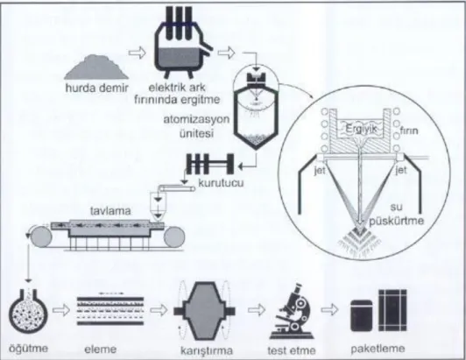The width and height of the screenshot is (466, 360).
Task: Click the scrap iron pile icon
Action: pyautogui.click(x=96, y=67)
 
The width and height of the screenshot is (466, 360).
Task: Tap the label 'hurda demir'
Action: pyautogui.click(x=97, y=88)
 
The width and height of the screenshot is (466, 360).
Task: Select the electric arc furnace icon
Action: pyautogui.click(x=183, y=42)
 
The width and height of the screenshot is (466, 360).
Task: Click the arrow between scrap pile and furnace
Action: pyautogui.click(x=138, y=53)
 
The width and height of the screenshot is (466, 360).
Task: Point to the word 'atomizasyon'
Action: pyautogui.click(x=196, y=119)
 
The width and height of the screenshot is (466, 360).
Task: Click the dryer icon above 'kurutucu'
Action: pyautogui.click(x=210, y=164)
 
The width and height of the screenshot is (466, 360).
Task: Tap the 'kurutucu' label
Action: pyautogui.click(x=221, y=182)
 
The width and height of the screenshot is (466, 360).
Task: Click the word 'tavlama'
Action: pyautogui.click(x=110, y=211)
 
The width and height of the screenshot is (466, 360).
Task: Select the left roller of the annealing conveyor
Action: pyautogui.click(x=40, y=236)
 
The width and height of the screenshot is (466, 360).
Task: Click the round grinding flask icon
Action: pyautogui.click(x=28, y=311)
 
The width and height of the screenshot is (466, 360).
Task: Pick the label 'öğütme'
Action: pyautogui.click(x=29, y=349)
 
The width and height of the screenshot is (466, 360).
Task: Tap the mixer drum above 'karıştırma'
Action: pyautogui.click(x=204, y=311)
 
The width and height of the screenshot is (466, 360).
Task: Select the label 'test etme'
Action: pyautogui.click(x=292, y=350)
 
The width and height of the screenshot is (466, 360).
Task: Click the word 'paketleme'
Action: pyautogui.click(x=378, y=349)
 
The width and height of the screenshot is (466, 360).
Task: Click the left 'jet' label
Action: pyautogui.click(x=320, y=171)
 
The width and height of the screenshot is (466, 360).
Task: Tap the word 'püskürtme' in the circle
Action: pyautogui.click(x=397, y=221)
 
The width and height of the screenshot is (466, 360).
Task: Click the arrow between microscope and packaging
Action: pyautogui.click(x=329, y=309)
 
